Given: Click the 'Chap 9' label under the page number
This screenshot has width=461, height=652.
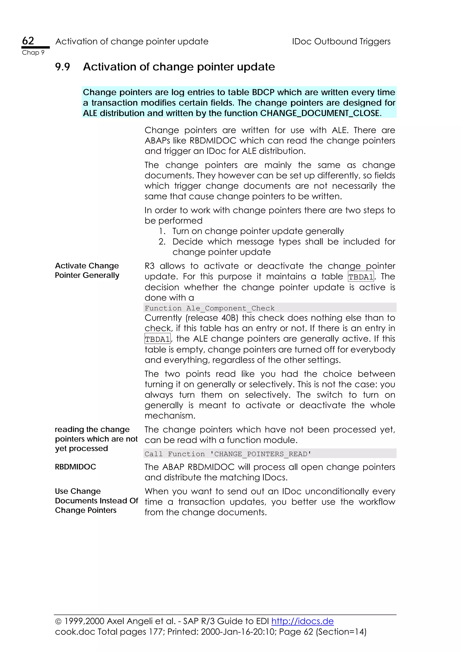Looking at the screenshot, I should pos(33,53).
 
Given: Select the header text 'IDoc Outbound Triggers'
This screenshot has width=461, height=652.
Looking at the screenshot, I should pos(341,41).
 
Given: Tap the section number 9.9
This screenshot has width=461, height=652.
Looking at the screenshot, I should pos(63,67).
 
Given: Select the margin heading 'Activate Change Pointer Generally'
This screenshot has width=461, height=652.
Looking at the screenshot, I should pos(87,270).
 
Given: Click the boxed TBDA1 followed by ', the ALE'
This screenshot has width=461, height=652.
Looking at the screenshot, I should pos(157,339).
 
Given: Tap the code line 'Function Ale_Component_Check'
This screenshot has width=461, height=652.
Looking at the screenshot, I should pos(210,308).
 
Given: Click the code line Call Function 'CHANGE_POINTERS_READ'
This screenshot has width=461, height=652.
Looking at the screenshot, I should pos(228,454).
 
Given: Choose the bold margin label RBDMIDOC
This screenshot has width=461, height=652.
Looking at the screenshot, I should pos(75,467).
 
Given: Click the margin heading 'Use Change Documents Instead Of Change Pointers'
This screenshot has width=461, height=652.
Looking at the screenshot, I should pos(96,501).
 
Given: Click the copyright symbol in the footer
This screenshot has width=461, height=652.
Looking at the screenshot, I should pos(58,622).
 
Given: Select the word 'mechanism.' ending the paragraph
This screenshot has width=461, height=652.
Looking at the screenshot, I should pos(170,416).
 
